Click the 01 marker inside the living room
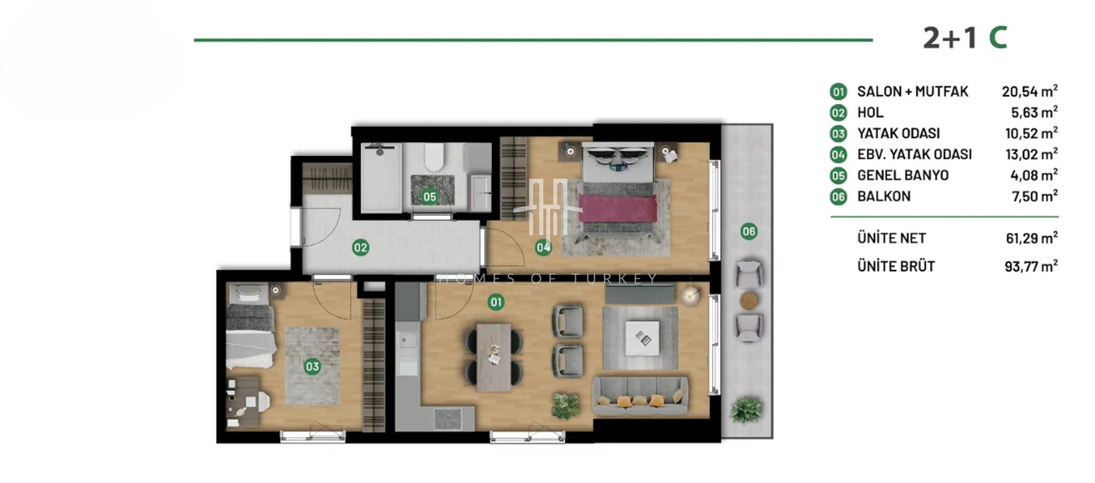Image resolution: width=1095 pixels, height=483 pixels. pyautogui.click(x=496, y=302)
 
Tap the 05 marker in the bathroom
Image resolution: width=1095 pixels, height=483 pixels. pyautogui.click(x=429, y=197)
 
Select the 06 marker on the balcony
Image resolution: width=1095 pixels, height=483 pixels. pyautogui.click(x=749, y=232)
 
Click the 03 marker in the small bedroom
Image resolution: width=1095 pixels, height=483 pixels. pyautogui.click(x=312, y=366)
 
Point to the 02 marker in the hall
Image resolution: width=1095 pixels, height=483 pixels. pyautogui.click(x=360, y=247)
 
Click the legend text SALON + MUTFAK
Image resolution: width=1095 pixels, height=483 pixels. pyautogui.click(x=913, y=91)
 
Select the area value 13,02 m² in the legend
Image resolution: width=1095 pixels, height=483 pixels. pyautogui.click(x=1031, y=154)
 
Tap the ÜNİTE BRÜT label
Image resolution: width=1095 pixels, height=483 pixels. pyautogui.click(x=896, y=266)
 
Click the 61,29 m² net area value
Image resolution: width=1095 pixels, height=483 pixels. pyautogui.click(x=1031, y=238)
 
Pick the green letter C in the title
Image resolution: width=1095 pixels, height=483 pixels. pyautogui.click(x=998, y=37)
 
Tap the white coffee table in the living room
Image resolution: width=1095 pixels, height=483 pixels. pyautogui.click(x=642, y=338)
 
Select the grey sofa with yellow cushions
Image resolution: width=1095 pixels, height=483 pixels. pyautogui.click(x=641, y=396)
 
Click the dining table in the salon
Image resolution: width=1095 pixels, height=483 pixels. pyautogui.click(x=494, y=357)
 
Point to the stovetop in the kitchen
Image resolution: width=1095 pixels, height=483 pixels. pyautogui.click(x=448, y=419)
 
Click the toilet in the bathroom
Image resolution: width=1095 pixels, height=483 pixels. pyautogui.click(x=433, y=156)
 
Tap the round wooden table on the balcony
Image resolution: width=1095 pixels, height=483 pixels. pyautogui.click(x=749, y=301)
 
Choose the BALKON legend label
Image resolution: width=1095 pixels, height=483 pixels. pyautogui.click(x=884, y=196)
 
